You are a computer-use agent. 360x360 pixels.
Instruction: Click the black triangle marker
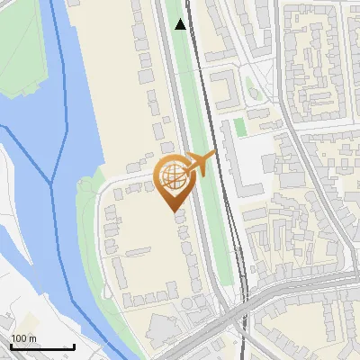click(x=181, y=24)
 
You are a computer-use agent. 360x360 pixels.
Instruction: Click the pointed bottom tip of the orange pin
click(x=173, y=211)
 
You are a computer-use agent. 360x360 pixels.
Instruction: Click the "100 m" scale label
click(x=24, y=338)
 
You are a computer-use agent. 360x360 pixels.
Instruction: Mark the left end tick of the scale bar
click(x=10, y=346)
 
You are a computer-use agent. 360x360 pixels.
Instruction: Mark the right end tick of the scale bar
click(x=74, y=346)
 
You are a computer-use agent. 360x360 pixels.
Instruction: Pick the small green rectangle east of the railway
click(x=239, y=127)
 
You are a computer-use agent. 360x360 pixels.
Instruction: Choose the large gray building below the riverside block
click(x=163, y=332)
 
